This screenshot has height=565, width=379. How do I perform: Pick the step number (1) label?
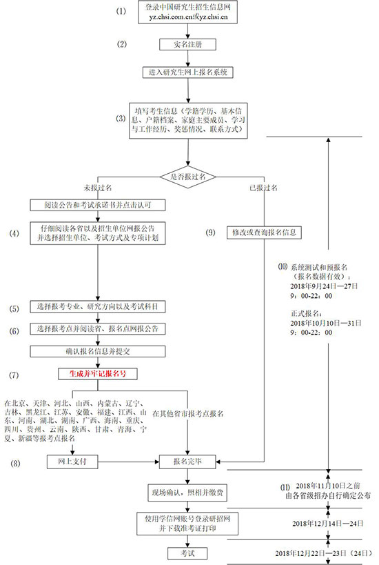[x=122, y=12]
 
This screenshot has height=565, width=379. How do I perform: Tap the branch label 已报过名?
[x=263, y=188]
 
